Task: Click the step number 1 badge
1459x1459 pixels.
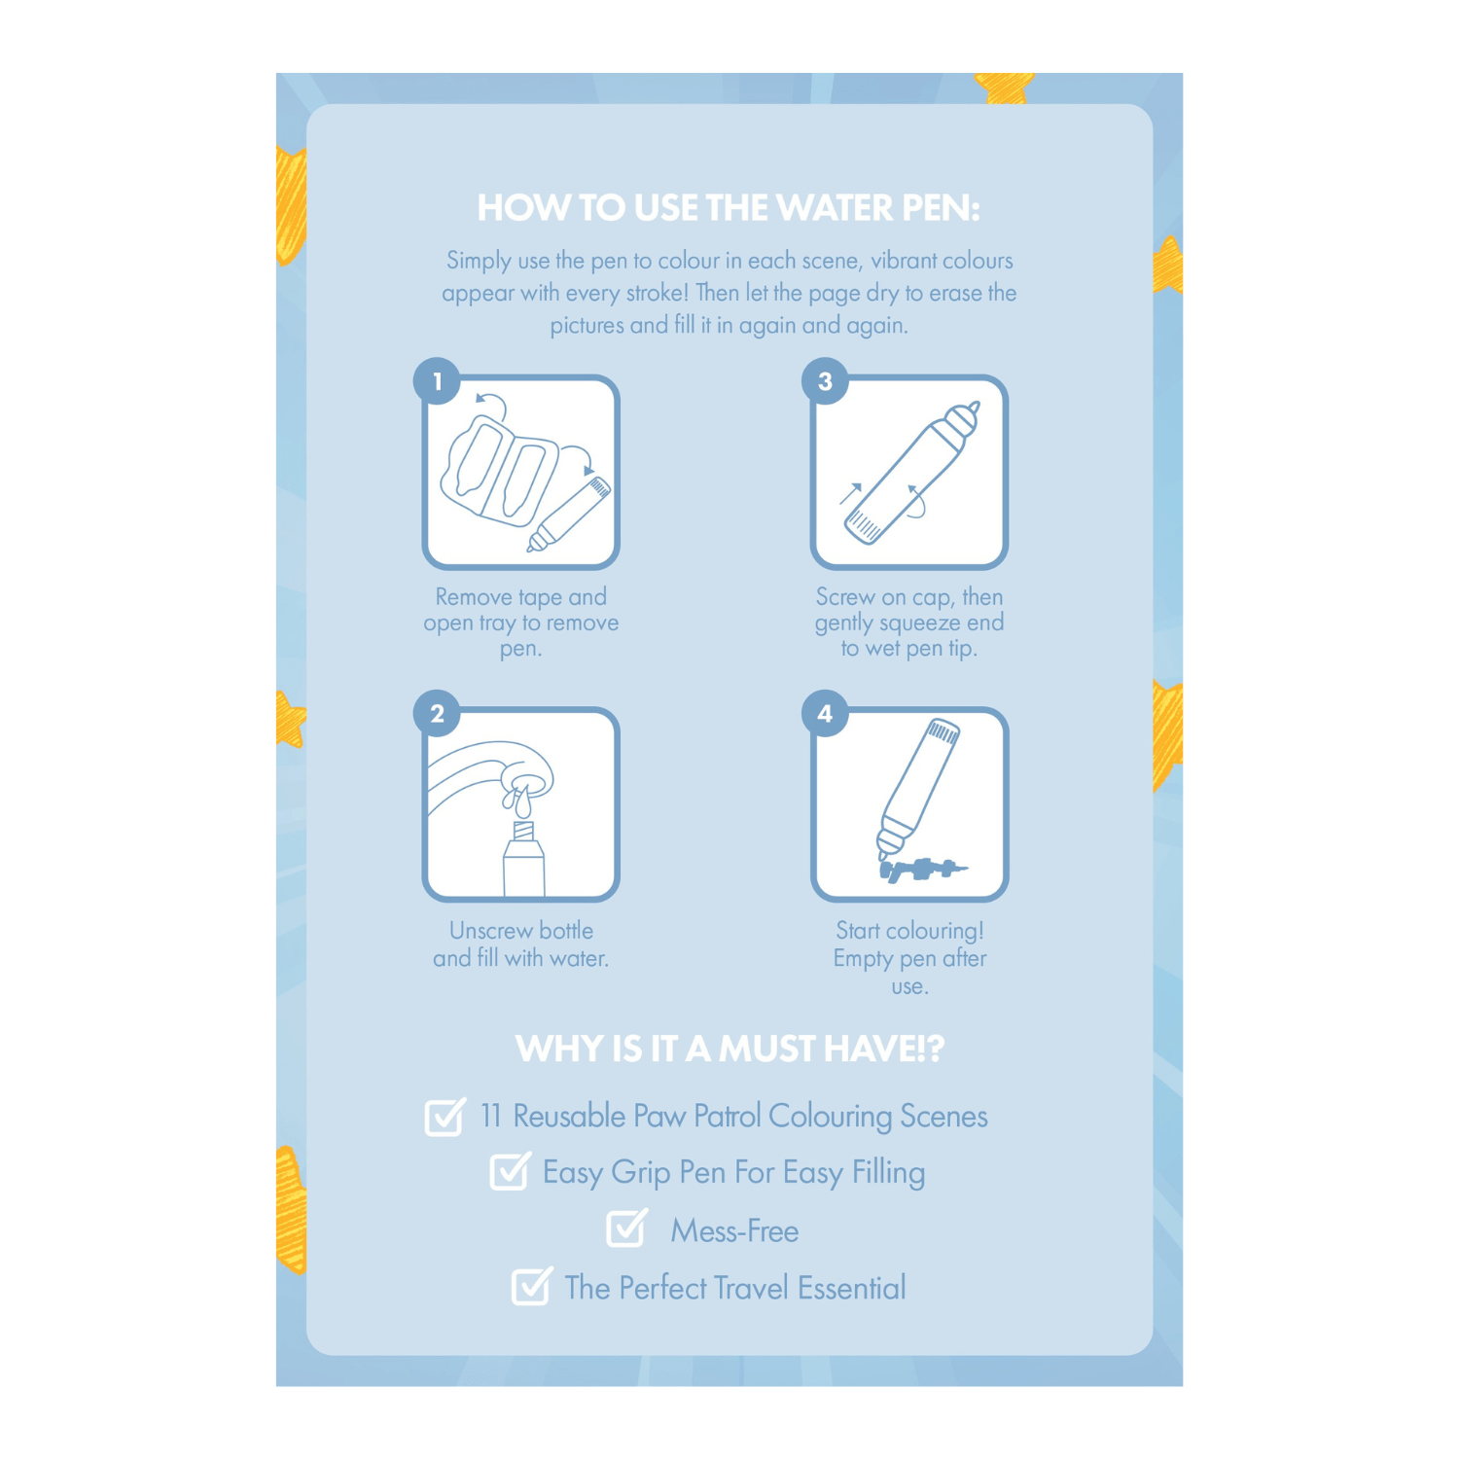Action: point(437,381)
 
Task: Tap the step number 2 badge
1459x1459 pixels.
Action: point(437,714)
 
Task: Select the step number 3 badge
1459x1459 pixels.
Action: point(825,381)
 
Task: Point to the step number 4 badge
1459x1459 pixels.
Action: point(825,714)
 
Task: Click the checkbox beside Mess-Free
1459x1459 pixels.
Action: point(626,1229)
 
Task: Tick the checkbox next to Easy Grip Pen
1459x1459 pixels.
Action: point(509,1171)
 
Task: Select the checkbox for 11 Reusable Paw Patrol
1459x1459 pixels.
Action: point(445,1117)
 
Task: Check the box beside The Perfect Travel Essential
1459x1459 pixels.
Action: point(531,1287)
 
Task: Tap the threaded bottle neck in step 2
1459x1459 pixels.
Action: point(523,833)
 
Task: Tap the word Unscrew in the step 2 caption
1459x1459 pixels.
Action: point(487,931)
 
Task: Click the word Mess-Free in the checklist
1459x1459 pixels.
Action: point(734,1231)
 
